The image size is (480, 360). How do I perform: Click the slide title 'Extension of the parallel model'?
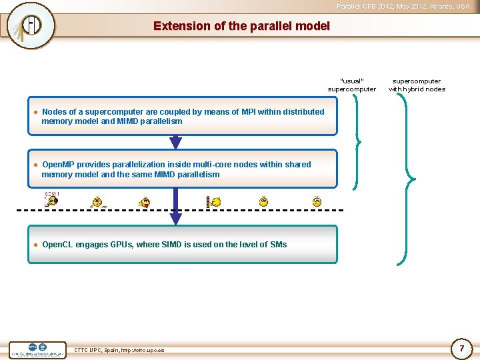[241, 26]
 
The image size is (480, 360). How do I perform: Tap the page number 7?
[461, 348]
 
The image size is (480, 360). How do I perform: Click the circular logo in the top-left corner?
[30, 25]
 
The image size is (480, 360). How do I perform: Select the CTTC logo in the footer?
[38, 349]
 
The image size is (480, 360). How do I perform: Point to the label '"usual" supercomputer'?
[351, 85]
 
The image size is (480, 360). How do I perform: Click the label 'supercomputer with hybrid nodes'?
[417, 85]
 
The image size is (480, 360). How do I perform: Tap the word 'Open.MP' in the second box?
[59, 165]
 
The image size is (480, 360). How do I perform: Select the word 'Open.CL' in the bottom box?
[57, 245]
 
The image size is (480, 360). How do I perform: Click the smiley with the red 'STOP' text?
[52, 200]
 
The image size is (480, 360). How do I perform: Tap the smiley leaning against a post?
[213, 201]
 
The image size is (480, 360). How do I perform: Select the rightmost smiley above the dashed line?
[317, 201]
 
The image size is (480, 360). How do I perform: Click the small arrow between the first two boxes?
[175, 142]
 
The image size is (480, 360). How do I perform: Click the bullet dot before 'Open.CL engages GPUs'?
[35, 245]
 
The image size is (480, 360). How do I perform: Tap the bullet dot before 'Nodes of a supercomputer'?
[35, 112]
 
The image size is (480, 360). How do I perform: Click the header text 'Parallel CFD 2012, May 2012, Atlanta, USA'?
[403, 6]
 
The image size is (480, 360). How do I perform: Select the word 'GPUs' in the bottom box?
[124, 245]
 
